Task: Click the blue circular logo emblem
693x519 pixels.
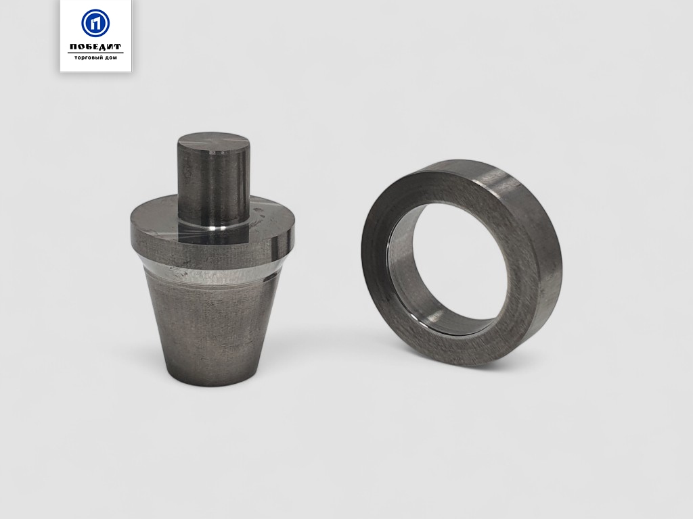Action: pyautogui.click(x=95, y=23)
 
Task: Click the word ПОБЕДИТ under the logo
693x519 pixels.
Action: pyautogui.click(x=95, y=47)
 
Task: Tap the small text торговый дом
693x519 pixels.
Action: pyautogui.click(x=95, y=58)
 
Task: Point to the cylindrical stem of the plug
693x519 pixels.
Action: pyautogui.click(x=214, y=185)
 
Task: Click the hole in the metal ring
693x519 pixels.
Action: pyautogui.click(x=460, y=260)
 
